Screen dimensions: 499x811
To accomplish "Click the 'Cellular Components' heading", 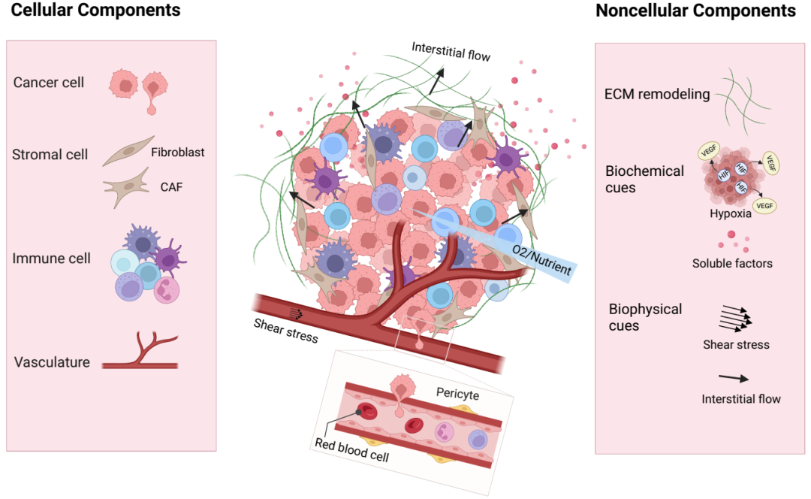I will point(96,11).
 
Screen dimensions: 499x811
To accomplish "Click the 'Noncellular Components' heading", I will point(695,11).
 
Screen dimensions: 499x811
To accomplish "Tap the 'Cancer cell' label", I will point(49,82).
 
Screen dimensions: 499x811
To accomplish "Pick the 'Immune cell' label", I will point(51,259).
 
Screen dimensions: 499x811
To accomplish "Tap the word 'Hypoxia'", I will point(731,213).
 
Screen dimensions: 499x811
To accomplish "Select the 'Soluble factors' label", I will point(732,264).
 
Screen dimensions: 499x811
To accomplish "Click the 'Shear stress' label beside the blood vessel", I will point(285,330).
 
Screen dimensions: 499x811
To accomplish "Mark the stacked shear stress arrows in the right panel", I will point(734,319).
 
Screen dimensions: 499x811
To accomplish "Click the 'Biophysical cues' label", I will point(645,317).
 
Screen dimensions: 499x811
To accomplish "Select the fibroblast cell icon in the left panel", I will point(128,151).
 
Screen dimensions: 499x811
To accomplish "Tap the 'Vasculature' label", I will point(52,362).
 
